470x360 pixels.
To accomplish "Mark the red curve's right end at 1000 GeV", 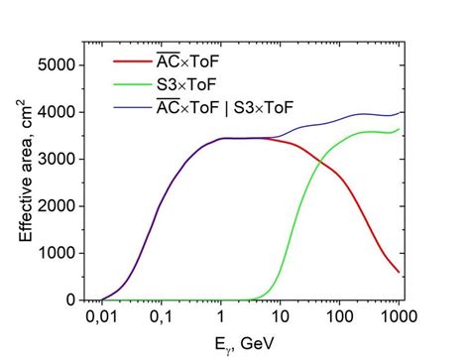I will click(400, 272).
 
